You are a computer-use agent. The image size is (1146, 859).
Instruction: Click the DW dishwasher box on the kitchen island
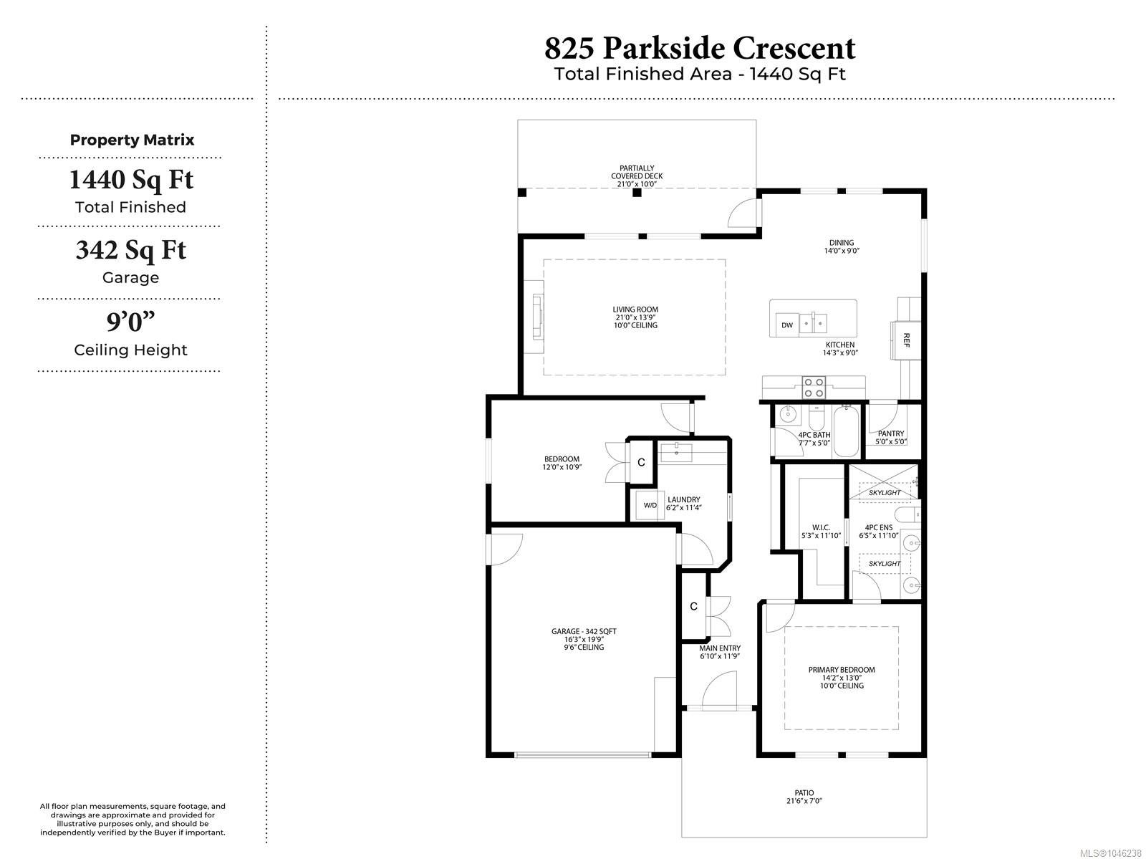[786, 325]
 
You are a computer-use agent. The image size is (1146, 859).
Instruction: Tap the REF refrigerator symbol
[906, 340]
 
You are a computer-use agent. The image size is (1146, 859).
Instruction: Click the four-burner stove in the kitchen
[814, 388]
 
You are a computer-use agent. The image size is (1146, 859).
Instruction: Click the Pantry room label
[891, 433]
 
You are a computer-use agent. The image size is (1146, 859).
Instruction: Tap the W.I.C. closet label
[821, 527]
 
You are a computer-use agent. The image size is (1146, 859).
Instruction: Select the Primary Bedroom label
[842, 669]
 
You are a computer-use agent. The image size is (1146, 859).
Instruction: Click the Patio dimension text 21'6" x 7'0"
[804, 800]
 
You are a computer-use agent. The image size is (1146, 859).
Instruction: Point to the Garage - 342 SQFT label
[584, 630]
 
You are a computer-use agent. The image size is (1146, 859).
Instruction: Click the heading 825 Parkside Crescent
[700, 49]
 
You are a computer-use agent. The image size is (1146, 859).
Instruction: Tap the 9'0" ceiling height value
[130, 322]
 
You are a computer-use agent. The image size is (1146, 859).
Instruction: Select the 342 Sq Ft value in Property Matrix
[130, 250]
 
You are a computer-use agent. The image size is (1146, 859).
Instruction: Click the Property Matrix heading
[132, 140]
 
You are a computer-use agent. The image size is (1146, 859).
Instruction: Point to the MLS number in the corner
[1110, 853]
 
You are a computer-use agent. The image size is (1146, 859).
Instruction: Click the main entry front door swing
[719, 691]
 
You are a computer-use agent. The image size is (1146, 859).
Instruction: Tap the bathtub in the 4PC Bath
[845, 432]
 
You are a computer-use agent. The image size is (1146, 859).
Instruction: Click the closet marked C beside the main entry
[693, 606]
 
